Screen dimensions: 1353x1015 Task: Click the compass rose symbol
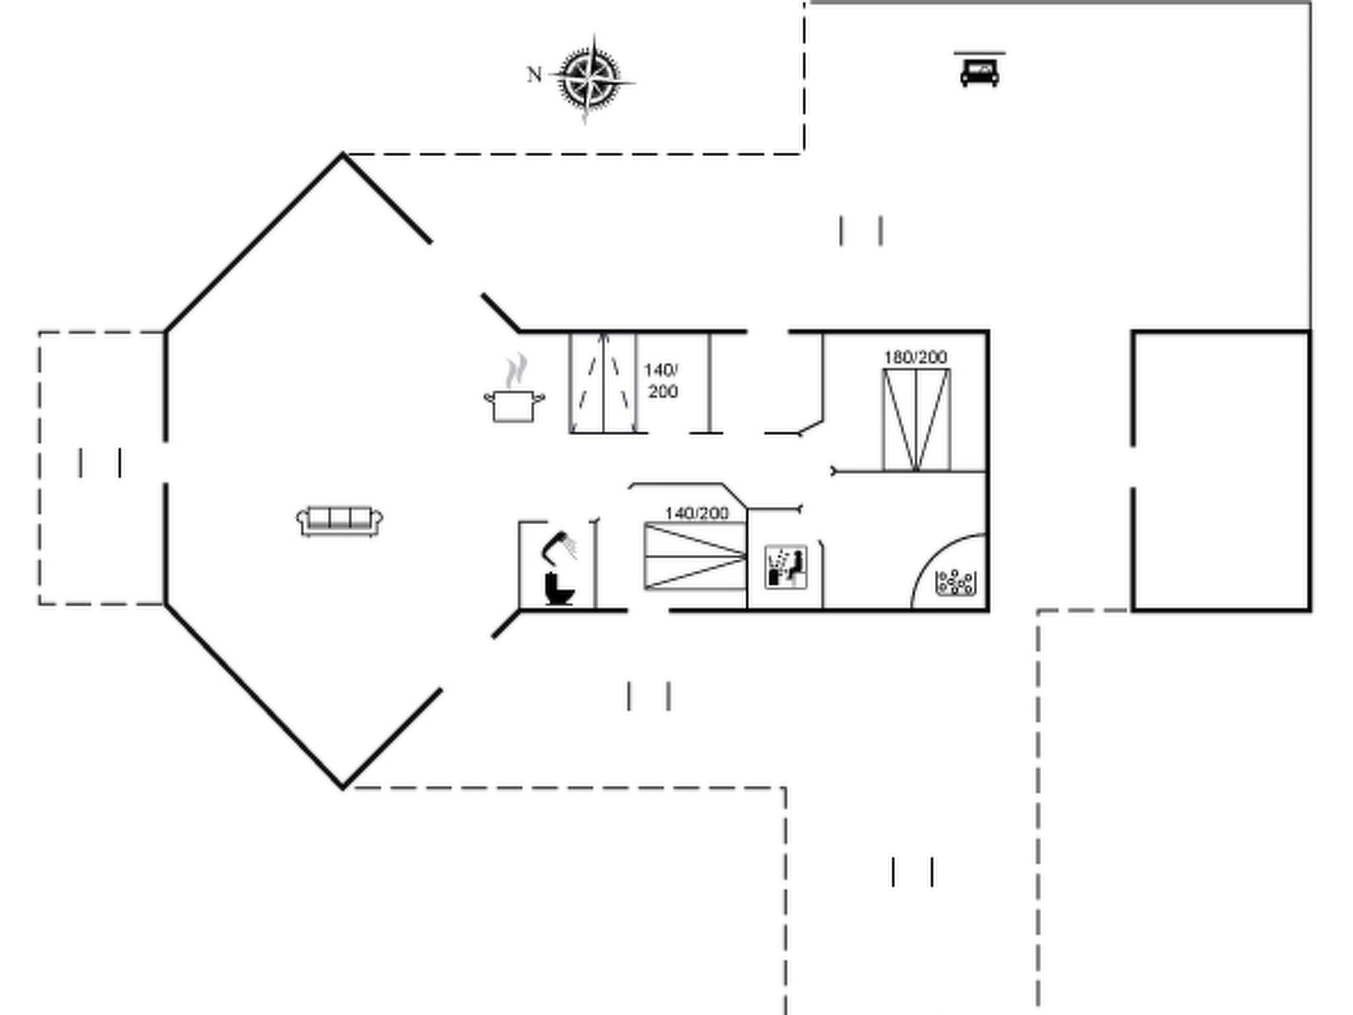[x=591, y=79]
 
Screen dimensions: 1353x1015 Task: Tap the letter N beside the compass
[x=534, y=75]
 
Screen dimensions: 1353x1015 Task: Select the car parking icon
[x=980, y=69]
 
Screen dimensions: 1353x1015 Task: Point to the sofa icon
[x=340, y=521]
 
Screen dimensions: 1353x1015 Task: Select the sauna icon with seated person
[x=786, y=566]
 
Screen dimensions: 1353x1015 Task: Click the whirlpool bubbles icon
[x=955, y=582]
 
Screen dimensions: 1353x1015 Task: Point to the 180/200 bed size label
[x=916, y=357]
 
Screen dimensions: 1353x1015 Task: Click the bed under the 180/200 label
[x=916, y=420]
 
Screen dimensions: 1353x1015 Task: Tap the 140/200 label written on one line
[x=696, y=513]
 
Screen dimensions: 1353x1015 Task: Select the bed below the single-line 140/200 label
[x=695, y=556]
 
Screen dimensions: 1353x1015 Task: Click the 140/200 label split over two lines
[x=662, y=381]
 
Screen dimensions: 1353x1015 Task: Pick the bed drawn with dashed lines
[x=603, y=383]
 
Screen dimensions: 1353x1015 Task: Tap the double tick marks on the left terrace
[x=100, y=462]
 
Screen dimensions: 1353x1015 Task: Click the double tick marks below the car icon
[x=861, y=231]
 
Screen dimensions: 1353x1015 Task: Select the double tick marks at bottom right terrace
[x=912, y=872]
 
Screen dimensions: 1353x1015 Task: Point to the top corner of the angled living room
[x=343, y=155]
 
